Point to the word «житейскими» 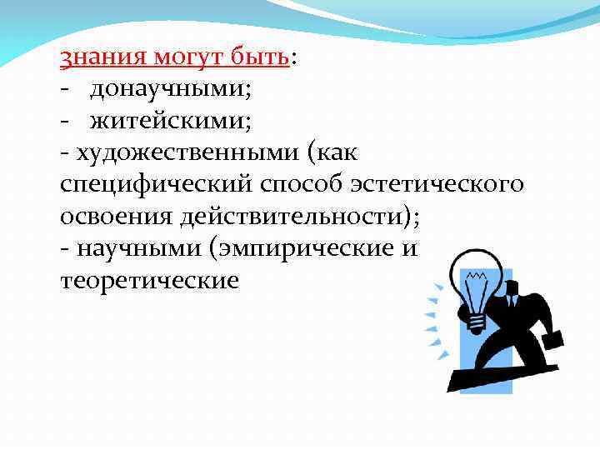pyautogui.click(x=167, y=122)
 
